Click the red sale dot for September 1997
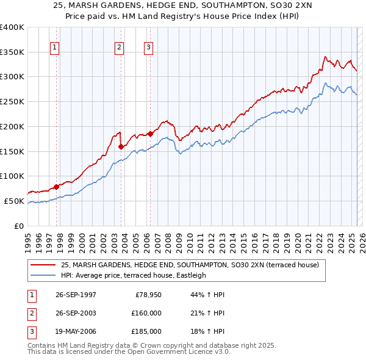56,187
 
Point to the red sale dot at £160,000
121,146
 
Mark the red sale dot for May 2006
149,134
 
